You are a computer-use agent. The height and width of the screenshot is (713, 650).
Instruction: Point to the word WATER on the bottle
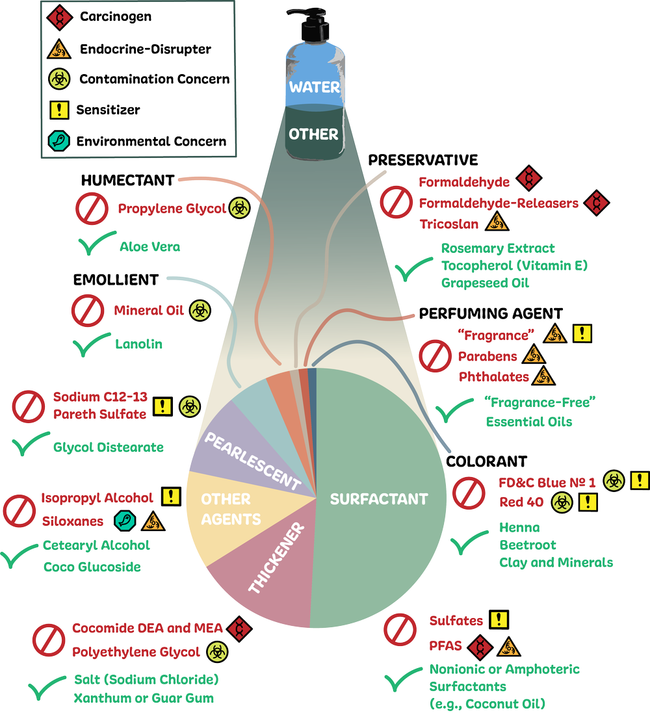[315, 87]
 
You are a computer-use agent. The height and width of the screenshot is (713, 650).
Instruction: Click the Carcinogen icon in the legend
[60, 16]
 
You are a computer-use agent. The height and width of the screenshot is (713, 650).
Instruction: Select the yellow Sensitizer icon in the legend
[60, 110]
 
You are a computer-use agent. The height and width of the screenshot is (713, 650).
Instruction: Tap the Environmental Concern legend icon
[60, 140]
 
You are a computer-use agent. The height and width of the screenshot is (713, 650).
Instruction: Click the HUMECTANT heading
[127, 180]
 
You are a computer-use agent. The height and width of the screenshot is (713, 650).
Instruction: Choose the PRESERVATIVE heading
[423, 160]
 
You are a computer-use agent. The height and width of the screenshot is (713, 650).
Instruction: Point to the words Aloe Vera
[149, 247]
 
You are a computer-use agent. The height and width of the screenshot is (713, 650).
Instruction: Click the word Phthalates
[493, 376]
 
